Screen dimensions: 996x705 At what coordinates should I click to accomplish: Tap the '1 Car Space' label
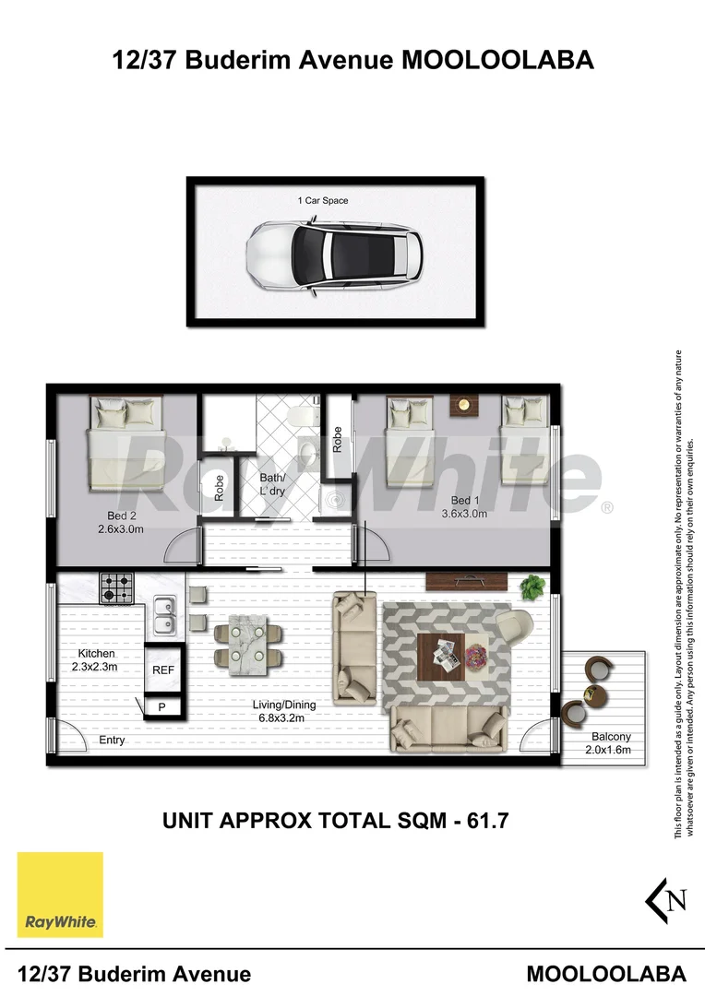(x=322, y=200)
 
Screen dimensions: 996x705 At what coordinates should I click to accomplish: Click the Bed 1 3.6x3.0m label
(x=464, y=507)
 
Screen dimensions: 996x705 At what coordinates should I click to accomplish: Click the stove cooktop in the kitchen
(x=116, y=587)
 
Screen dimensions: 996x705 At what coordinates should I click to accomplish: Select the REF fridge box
(x=163, y=670)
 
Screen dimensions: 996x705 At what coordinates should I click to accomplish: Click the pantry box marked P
(x=161, y=707)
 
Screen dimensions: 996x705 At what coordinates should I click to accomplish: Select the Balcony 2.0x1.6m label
(x=610, y=743)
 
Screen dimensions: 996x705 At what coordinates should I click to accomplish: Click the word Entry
(x=111, y=740)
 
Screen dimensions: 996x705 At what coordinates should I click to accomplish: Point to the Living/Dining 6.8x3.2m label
(x=279, y=710)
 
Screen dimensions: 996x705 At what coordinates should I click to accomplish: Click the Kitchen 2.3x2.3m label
(x=97, y=659)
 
